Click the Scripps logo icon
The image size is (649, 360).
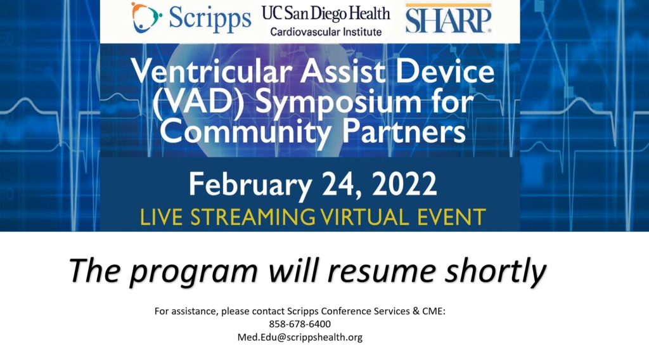point(146,17)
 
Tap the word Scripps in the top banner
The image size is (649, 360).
point(210,20)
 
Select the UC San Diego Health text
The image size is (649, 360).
point(326,13)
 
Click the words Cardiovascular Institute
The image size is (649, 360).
point(326,32)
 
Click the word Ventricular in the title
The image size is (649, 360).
point(212,71)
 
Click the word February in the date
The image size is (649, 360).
point(250,185)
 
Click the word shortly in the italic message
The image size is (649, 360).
point(496,271)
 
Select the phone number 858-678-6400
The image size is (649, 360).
point(300,324)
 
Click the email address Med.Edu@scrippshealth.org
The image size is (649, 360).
point(300,337)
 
